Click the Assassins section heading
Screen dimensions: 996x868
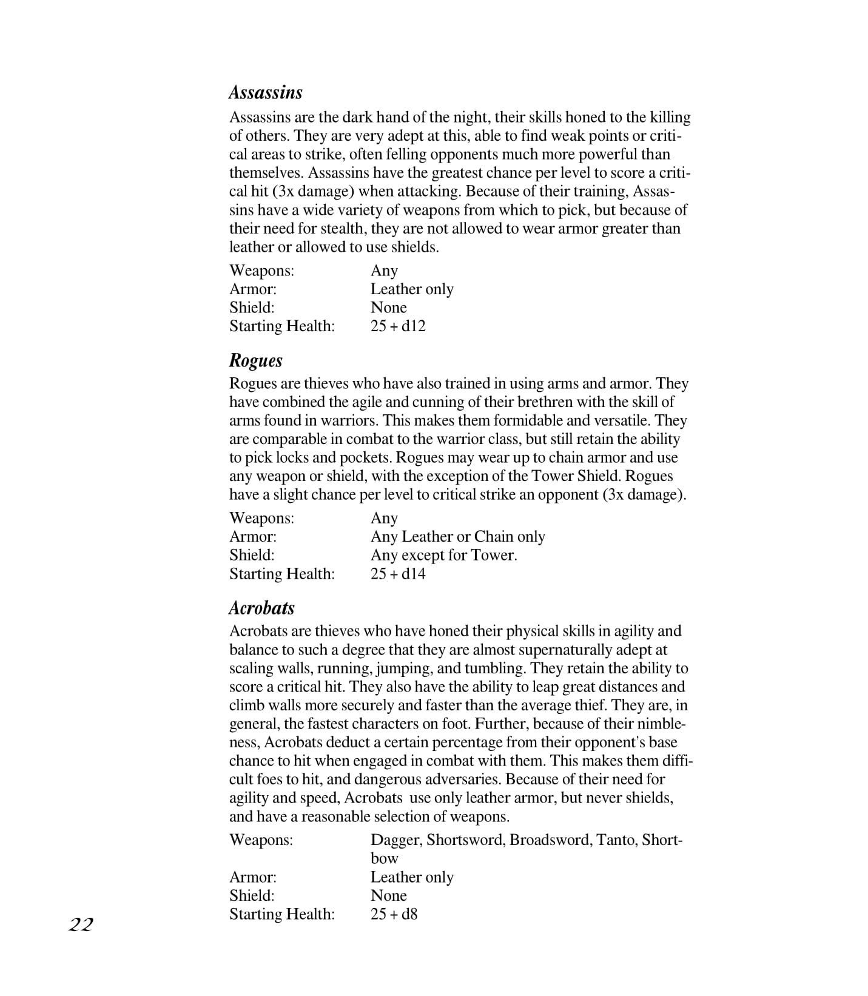265,92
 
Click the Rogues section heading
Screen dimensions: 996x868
255,360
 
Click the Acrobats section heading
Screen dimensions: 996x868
261,608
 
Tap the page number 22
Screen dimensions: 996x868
81,924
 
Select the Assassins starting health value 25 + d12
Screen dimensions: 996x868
398,326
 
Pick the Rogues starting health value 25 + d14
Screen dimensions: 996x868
398,574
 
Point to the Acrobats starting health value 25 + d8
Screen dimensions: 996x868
394,914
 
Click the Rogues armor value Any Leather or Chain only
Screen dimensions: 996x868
457,537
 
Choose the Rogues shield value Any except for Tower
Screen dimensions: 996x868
443,555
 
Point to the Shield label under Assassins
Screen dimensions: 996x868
252,308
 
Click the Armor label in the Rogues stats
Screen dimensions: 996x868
252,537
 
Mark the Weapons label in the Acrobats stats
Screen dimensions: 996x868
261,840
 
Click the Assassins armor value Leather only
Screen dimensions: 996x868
412,289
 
